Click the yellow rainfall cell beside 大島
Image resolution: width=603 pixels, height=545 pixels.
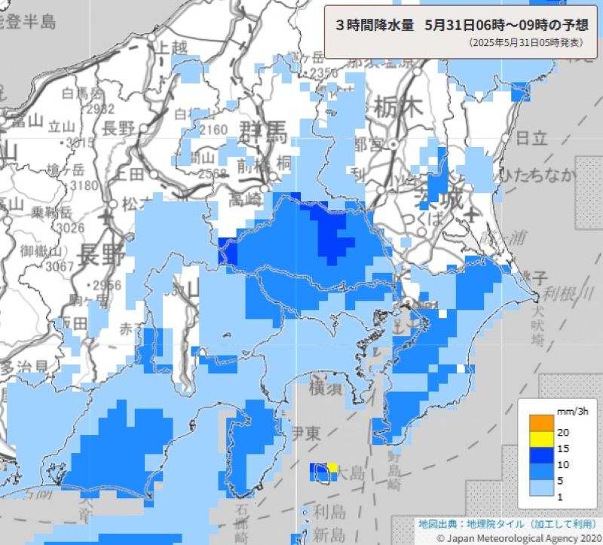(332, 467)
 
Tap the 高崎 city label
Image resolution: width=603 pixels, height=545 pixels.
(246, 200)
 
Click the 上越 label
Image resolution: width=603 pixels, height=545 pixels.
(170, 47)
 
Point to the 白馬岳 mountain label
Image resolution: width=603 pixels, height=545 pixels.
(83, 94)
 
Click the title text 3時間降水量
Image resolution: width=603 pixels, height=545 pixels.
(375, 24)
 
